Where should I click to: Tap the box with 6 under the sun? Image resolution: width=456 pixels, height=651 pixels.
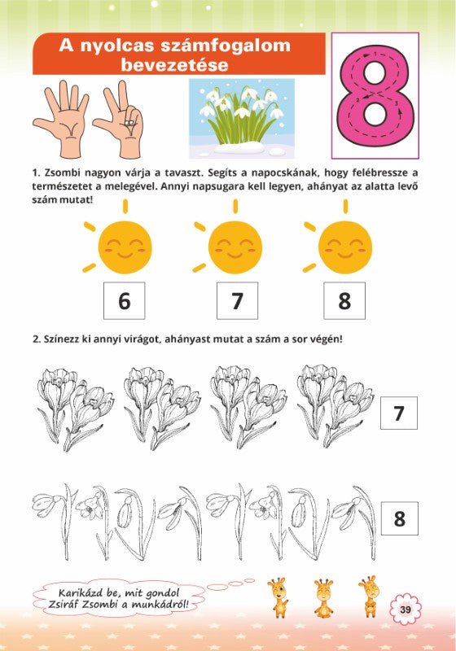point(124,300)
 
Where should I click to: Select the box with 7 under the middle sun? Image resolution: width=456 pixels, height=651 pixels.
point(237,300)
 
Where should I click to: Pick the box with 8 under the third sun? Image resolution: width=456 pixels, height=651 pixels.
point(344,300)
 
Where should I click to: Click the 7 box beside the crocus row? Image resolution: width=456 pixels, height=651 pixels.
point(399,413)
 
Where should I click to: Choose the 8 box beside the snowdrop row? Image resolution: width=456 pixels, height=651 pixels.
point(400,518)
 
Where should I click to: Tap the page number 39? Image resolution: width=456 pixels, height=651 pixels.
point(406,609)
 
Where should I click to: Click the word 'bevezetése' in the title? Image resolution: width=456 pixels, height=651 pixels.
point(174,65)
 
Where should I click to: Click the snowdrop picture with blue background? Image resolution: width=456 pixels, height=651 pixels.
point(242,118)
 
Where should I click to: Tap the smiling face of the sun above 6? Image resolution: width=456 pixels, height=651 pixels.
point(125,247)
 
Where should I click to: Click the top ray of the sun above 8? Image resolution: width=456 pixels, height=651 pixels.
point(345,207)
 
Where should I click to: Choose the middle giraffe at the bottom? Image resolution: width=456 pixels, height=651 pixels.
point(323,597)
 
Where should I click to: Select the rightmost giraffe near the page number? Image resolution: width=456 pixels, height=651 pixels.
point(369,596)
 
